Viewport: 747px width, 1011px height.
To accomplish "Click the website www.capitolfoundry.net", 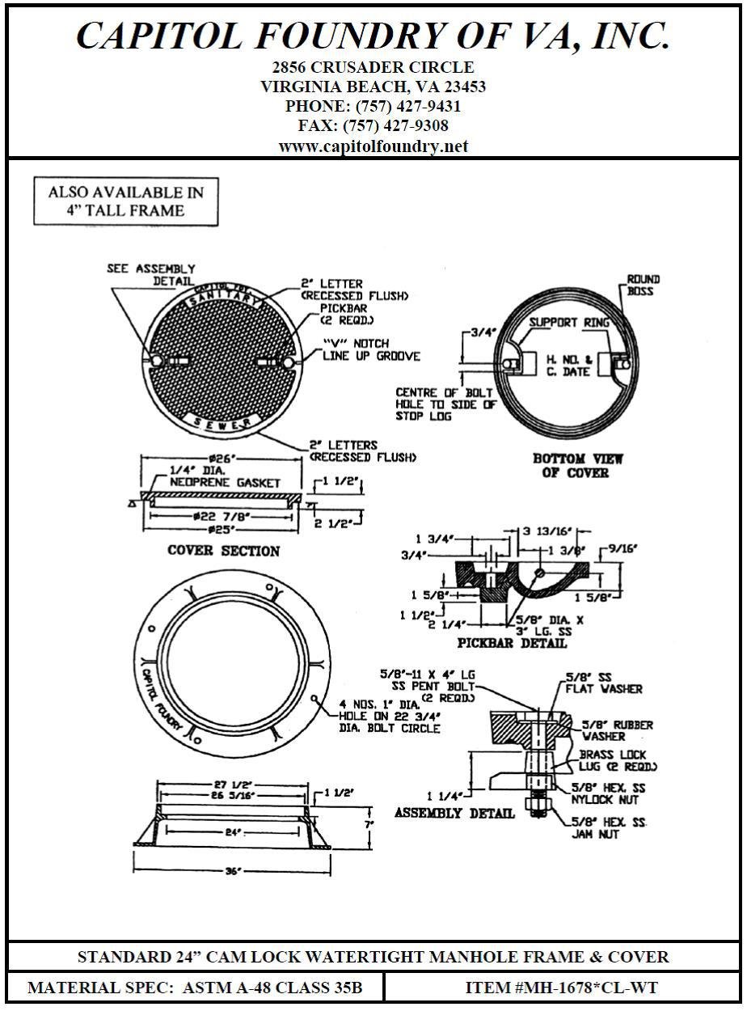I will coord(373,146).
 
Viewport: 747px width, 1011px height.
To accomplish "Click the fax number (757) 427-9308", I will coord(373,126).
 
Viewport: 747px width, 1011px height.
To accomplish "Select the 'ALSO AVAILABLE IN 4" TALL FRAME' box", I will coord(126,201).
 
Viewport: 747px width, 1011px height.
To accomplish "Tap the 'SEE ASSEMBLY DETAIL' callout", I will coord(151,274).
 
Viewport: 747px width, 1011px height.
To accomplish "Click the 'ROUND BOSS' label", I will coord(644,285).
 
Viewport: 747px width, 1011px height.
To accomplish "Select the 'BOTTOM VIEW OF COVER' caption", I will coord(577,465).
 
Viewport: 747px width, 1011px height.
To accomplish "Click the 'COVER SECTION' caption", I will coord(223,551).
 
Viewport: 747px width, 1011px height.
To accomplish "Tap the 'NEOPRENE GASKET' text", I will coord(225,483).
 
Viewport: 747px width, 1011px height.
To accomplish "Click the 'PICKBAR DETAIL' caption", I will coord(512,644).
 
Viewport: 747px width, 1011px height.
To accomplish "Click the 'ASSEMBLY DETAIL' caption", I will coord(454,813).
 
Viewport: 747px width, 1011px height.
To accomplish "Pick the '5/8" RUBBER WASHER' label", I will coord(617,731).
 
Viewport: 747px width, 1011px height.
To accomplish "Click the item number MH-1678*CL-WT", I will coord(561,987).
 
